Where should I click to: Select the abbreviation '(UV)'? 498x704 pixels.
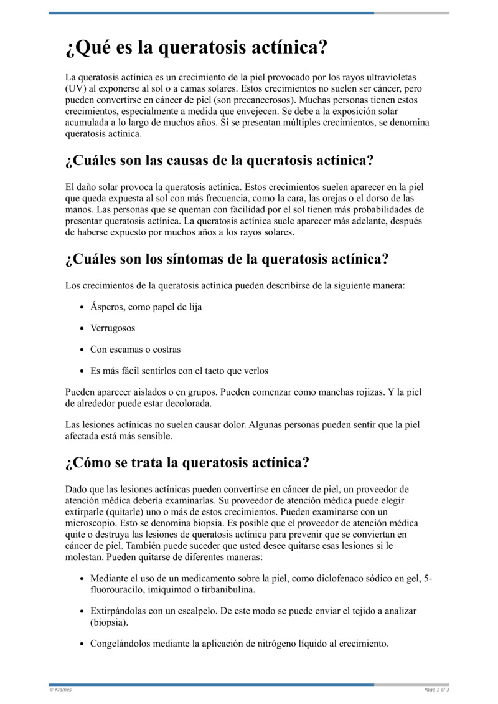coord(77,88)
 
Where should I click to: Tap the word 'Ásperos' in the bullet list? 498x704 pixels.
coord(106,307)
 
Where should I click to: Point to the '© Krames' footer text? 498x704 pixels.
coord(60,690)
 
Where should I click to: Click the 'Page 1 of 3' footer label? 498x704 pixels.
coord(436,690)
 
